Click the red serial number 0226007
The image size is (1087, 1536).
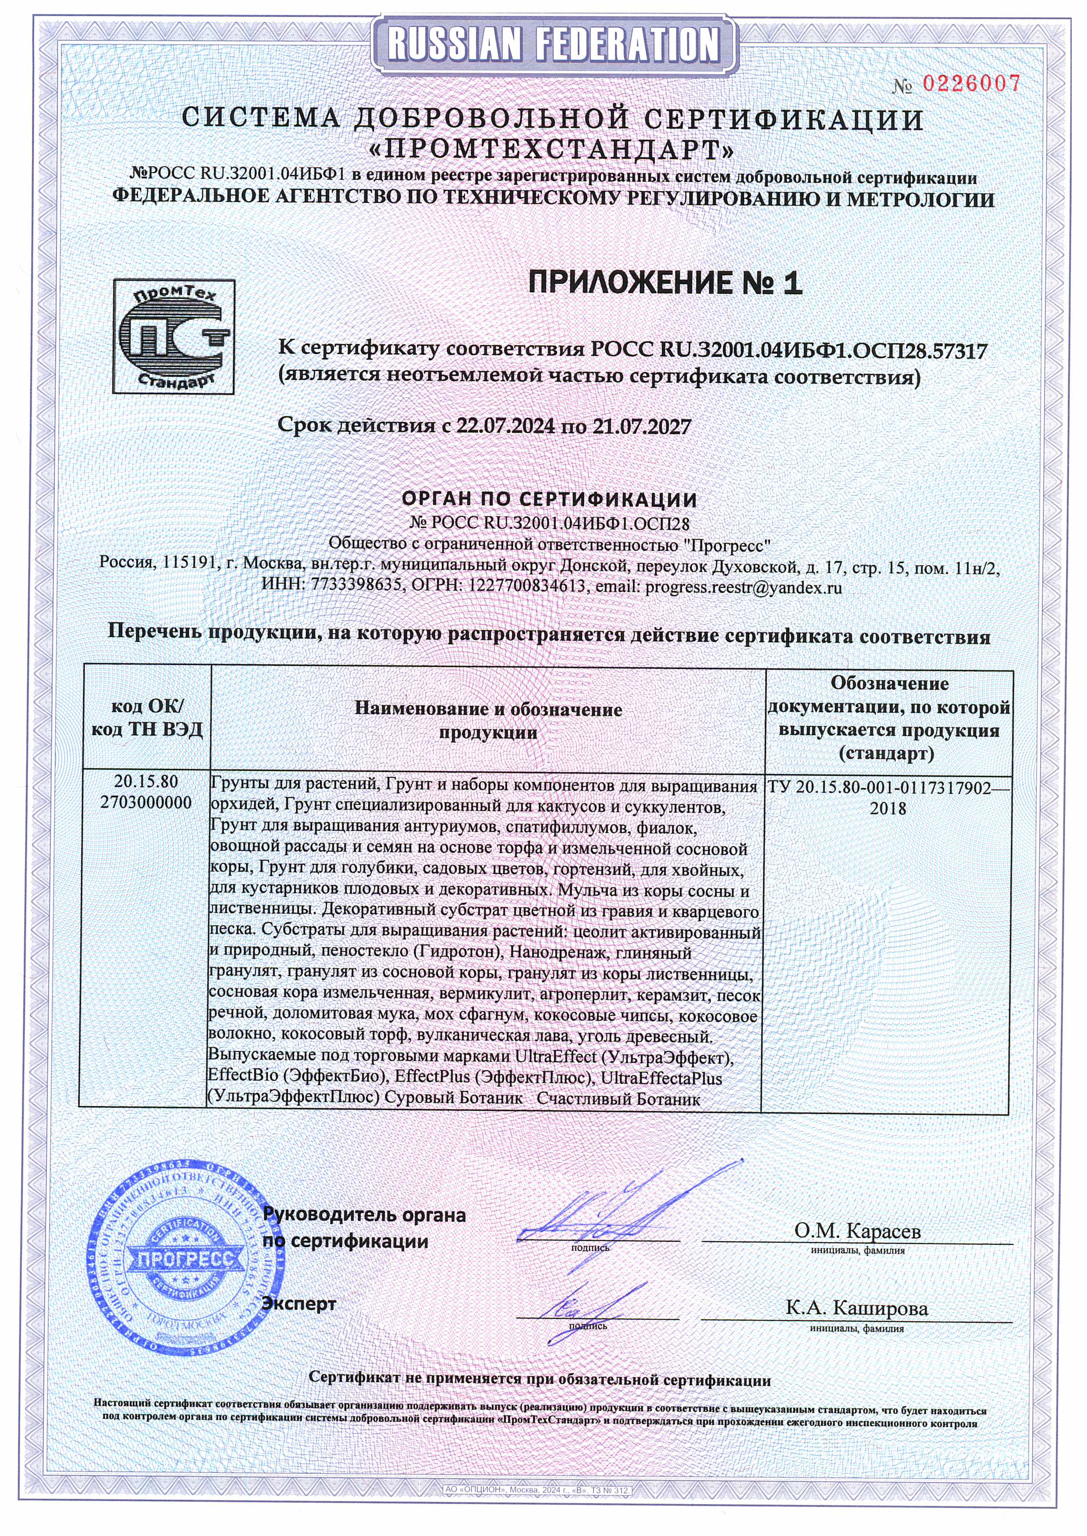[x=972, y=84]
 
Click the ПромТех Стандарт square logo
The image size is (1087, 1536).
[x=174, y=336]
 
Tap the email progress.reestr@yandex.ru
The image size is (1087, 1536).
[x=743, y=587]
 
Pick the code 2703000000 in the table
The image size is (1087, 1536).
[x=146, y=802]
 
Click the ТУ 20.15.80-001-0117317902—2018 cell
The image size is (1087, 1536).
[x=888, y=798]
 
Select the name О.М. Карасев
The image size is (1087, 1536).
[x=857, y=1230]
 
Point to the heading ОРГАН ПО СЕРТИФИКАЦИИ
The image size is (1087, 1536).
[x=549, y=499]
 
